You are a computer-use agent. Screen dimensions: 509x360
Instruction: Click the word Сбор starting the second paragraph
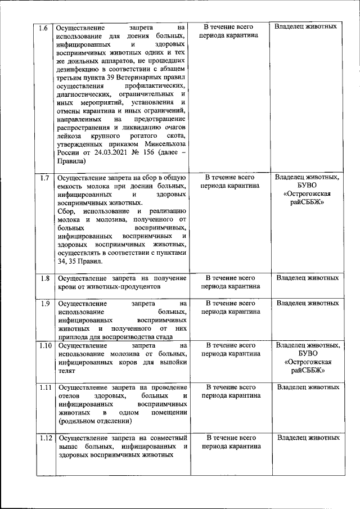pyautogui.click(x=66, y=210)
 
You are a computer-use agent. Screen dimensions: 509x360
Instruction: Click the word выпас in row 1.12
pyautogui.click(x=67, y=447)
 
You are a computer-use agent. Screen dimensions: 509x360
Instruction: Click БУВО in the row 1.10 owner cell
pyautogui.click(x=307, y=354)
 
